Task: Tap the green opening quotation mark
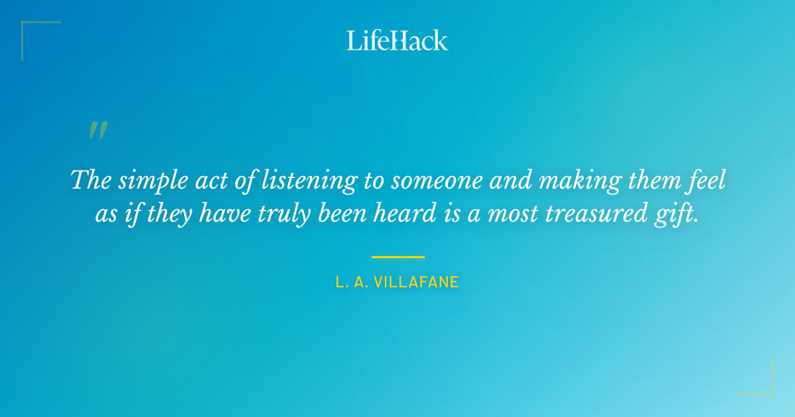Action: [x=98, y=130]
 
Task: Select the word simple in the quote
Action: [x=148, y=181]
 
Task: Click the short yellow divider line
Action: [x=397, y=257]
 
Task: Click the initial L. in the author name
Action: [x=341, y=283]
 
